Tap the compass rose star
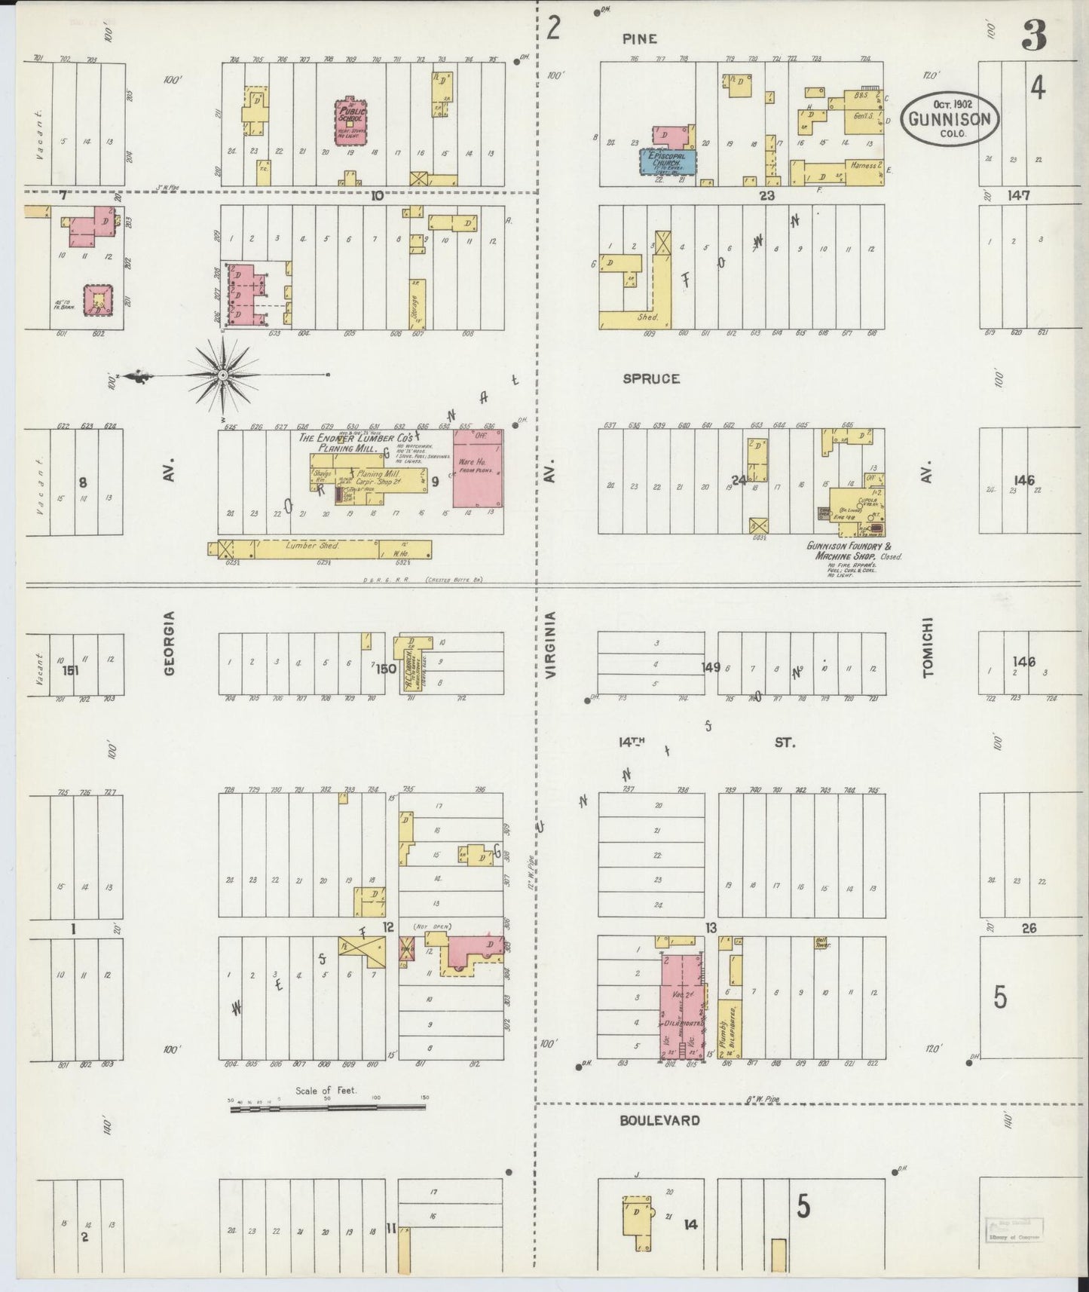(x=224, y=375)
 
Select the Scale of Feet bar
(x=328, y=1107)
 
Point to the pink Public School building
(x=350, y=119)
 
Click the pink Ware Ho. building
(x=477, y=468)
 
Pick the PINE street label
(x=640, y=38)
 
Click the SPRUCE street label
(x=651, y=378)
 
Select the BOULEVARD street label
(x=659, y=1120)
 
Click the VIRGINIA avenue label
(x=551, y=645)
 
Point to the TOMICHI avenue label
(x=928, y=648)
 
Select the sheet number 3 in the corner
(x=1035, y=35)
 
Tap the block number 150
(x=386, y=667)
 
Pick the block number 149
(x=711, y=666)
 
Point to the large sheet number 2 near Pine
(x=554, y=29)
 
